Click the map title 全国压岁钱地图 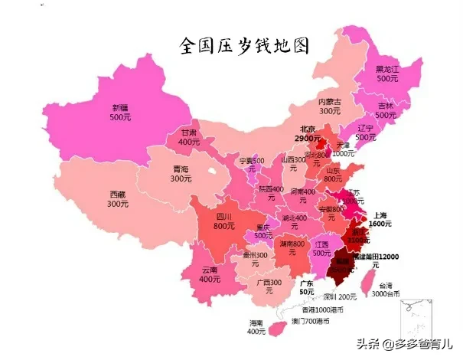[x=244, y=46]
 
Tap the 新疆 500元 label [x=120, y=113]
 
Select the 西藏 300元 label [x=117, y=199]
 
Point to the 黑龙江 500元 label [x=386, y=74]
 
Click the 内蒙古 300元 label [x=330, y=106]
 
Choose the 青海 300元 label [x=181, y=173]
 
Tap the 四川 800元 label [x=223, y=221]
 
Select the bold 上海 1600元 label [x=380, y=220]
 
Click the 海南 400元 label [x=256, y=327]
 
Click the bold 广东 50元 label [x=307, y=287]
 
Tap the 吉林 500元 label [x=386, y=110]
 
